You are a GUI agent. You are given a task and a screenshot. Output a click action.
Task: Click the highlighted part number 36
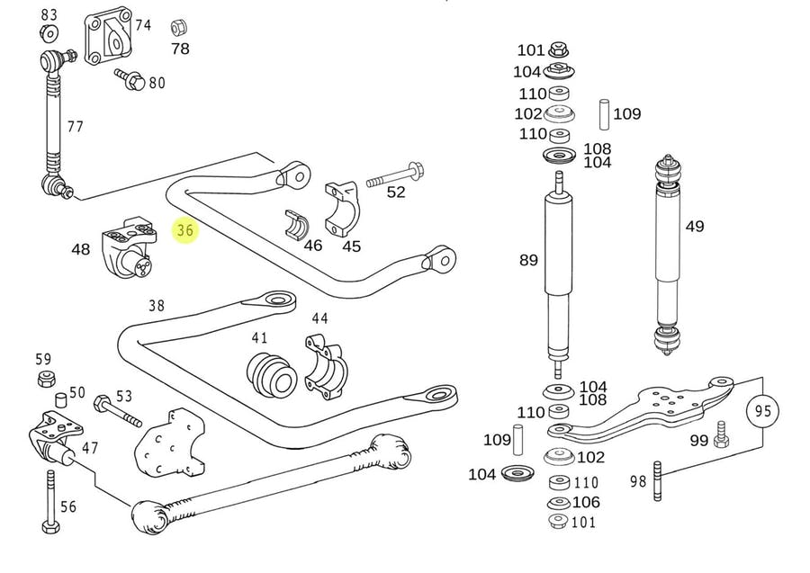tap(185, 231)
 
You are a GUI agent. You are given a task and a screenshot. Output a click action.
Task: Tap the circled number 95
tap(762, 412)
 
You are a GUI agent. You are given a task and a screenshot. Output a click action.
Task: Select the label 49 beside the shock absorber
tap(695, 227)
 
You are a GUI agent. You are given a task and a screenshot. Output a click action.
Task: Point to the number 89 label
tap(528, 260)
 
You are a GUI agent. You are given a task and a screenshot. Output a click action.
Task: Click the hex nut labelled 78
tap(178, 26)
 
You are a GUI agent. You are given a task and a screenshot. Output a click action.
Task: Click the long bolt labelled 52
tap(394, 173)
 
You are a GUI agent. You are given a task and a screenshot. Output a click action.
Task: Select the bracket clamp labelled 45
tap(342, 207)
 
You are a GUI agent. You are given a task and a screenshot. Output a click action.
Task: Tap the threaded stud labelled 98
tap(658, 482)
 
